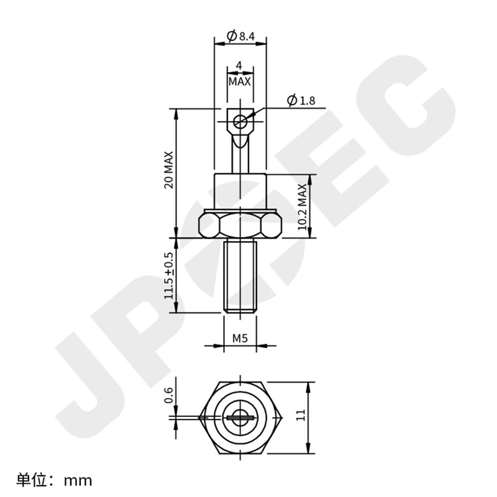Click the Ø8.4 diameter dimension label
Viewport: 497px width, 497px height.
(x=241, y=36)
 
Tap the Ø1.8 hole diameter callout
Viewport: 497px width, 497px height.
(x=301, y=101)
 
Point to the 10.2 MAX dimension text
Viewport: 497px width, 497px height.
(x=302, y=207)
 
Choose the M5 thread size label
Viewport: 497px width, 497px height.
(x=240, y=338)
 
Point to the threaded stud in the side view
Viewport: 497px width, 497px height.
(x=240, y=276)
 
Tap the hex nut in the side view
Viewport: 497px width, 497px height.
(x=240, y=225)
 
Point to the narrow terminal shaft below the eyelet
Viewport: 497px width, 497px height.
(x=240, y=155)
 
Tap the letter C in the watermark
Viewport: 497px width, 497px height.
(x=398, y=118)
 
